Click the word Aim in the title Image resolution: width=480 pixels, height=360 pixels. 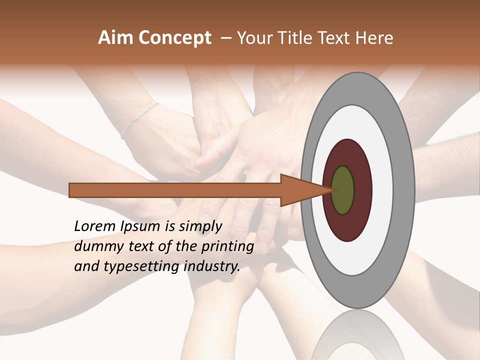click(116, 38)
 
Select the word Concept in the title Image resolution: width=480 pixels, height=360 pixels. click(174, 38)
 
